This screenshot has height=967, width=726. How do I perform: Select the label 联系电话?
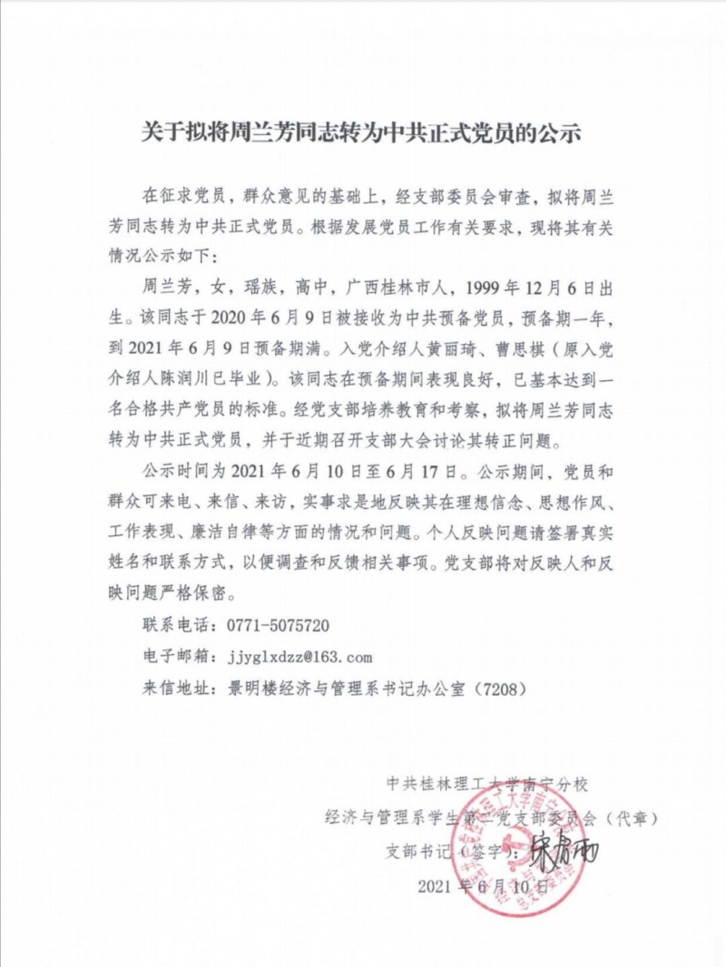175,626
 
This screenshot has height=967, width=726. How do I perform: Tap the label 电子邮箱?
175,656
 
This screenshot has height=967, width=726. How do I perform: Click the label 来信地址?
175,687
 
